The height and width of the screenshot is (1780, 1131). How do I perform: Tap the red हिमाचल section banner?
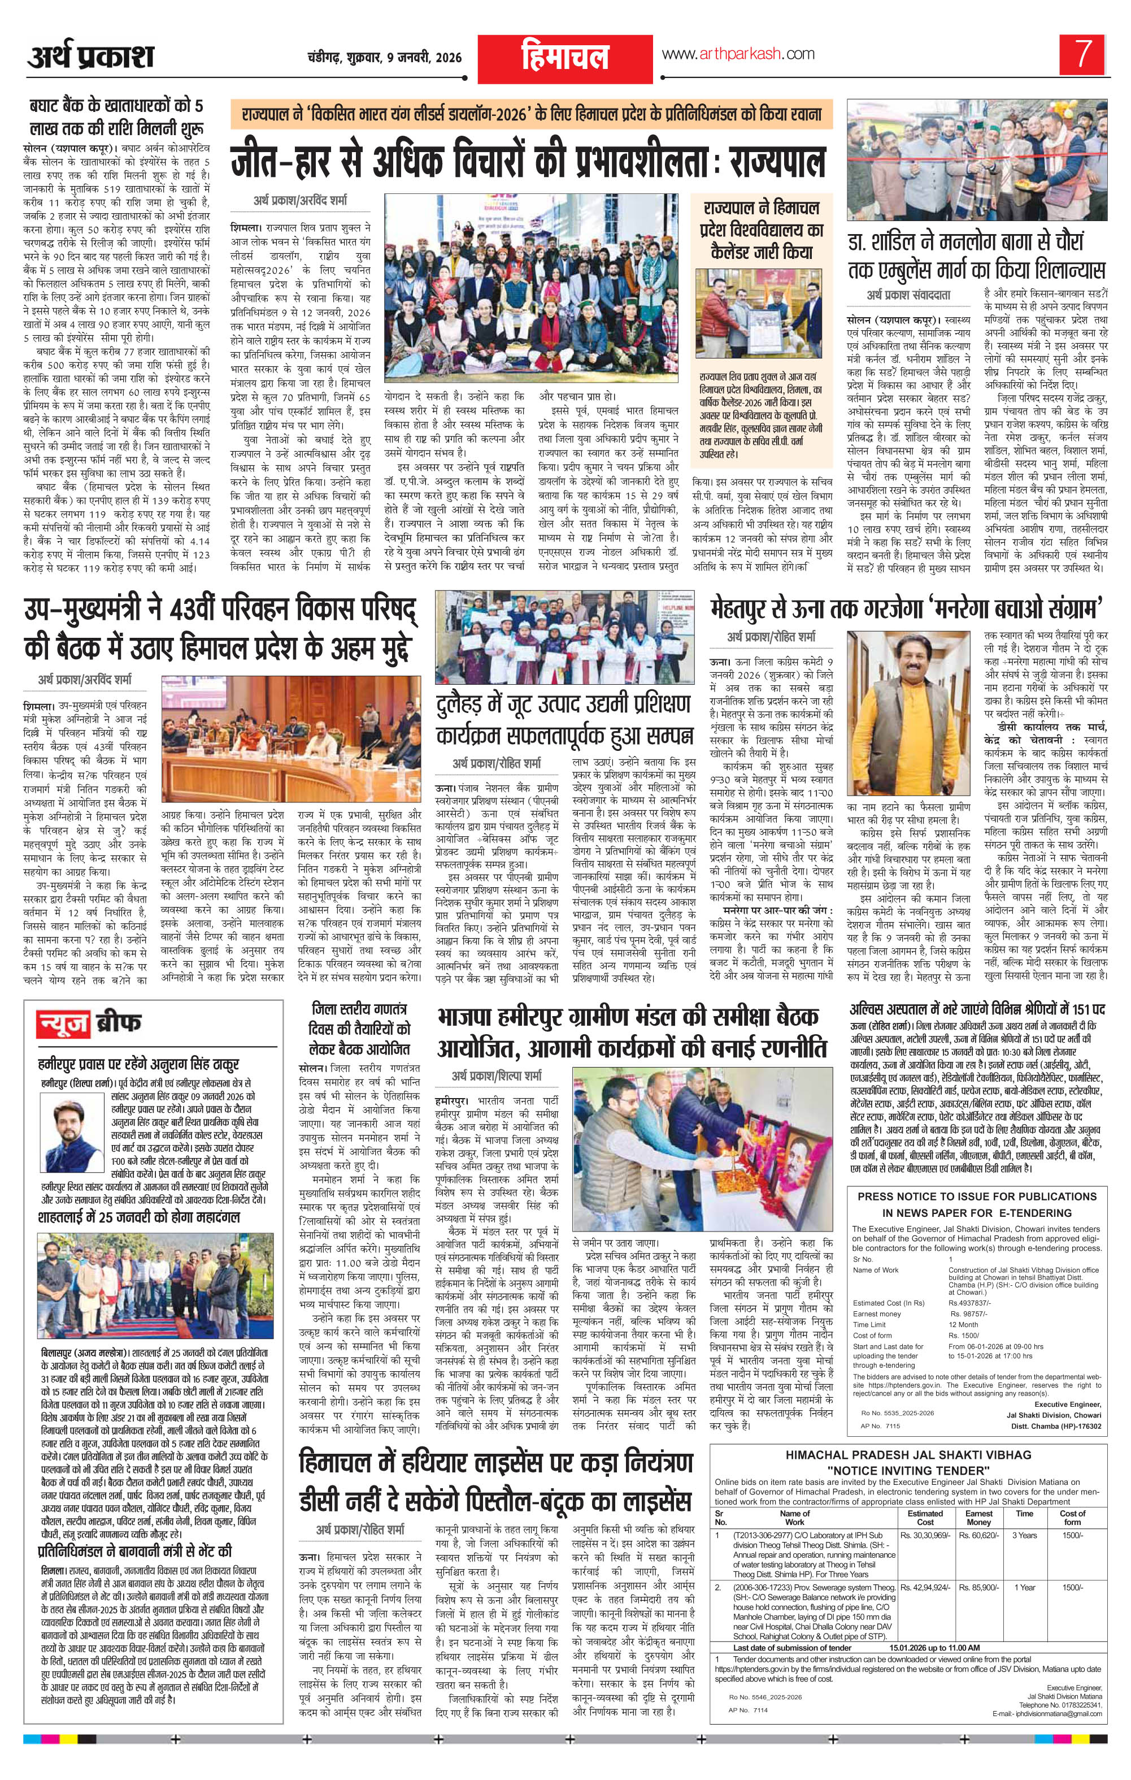565,58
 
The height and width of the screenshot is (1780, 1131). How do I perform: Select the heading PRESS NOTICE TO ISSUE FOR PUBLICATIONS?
977,1196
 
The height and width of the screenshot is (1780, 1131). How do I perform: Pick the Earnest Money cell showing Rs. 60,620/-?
978,1530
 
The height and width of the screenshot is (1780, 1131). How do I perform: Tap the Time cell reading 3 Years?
1025,1530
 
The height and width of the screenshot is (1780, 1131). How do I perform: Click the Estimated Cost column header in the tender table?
925,1511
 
